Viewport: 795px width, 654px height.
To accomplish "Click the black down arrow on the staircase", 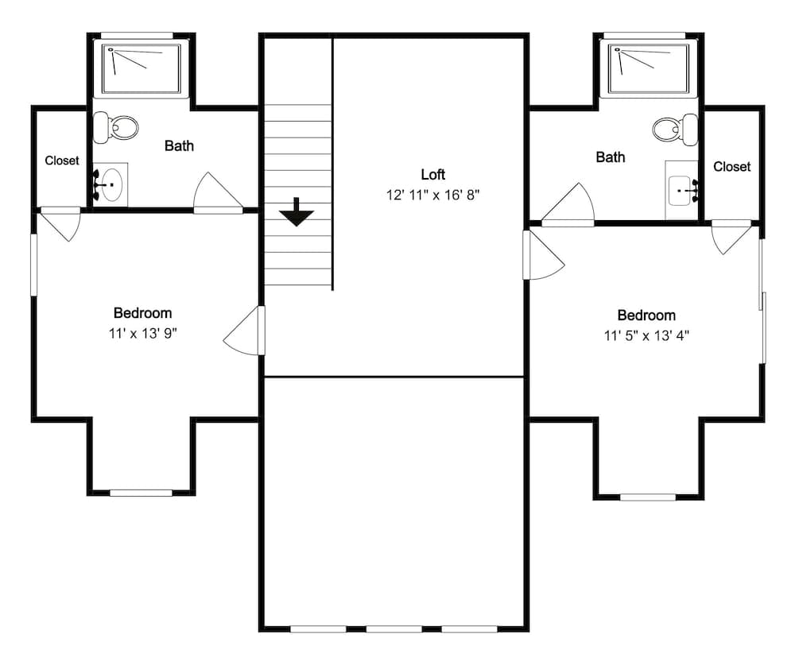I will tap(297, 212).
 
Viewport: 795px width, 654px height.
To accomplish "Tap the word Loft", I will tap(432, 175).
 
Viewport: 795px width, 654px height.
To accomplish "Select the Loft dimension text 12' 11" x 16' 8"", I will tap(432, 195).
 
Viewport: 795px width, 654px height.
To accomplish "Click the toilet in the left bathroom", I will tap(117, 127).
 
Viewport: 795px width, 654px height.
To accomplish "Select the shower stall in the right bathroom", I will tap(647, 68).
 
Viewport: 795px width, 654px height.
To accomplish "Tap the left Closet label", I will tap(62, 161).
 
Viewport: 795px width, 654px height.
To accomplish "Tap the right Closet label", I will tap(731, 167).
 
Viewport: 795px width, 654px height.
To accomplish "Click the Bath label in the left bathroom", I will tap(179, 145).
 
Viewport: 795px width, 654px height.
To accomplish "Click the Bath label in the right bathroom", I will tap(611, 157).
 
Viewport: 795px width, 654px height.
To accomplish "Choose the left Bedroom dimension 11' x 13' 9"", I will tap(142, 334).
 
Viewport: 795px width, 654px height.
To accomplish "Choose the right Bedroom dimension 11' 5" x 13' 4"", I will tap(646, 335).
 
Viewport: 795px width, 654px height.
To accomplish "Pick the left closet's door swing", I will tap(62, 223).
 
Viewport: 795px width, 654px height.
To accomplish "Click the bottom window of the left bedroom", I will tap(141, 493).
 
